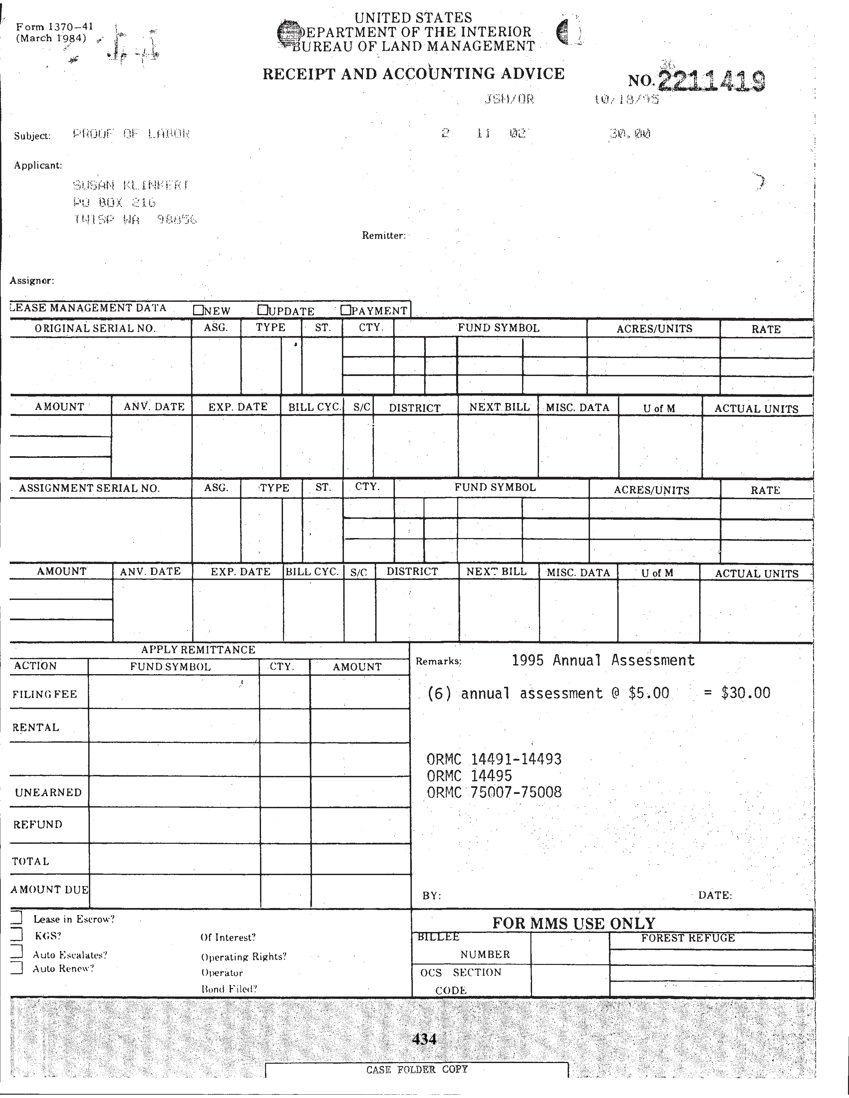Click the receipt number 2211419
(x=711, y=81)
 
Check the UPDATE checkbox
(x=262, y=310)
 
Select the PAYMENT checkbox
(x=345, y=310)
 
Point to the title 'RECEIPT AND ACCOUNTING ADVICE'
(x=414, y=74)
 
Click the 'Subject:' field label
(x=32, y=136)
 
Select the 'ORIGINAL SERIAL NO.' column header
(x=95, y=328)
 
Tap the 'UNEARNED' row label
(x=48, y=792)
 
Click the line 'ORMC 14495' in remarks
(x=469, y=776)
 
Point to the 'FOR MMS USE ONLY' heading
(x=573, y=923)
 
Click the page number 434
(x=424, y=1039)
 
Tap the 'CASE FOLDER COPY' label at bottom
(x=417, y=1069)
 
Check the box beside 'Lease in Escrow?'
(x=17, y=918)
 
